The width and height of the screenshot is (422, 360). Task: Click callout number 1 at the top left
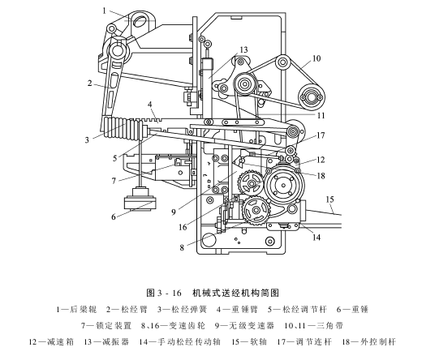coord(104,11)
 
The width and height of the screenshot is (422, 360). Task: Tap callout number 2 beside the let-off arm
coord(92,83)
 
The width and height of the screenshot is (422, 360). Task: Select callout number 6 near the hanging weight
coord(113,216)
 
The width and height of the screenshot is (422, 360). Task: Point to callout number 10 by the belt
coord(317,58)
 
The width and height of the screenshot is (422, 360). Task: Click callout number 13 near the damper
coord(243,50)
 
